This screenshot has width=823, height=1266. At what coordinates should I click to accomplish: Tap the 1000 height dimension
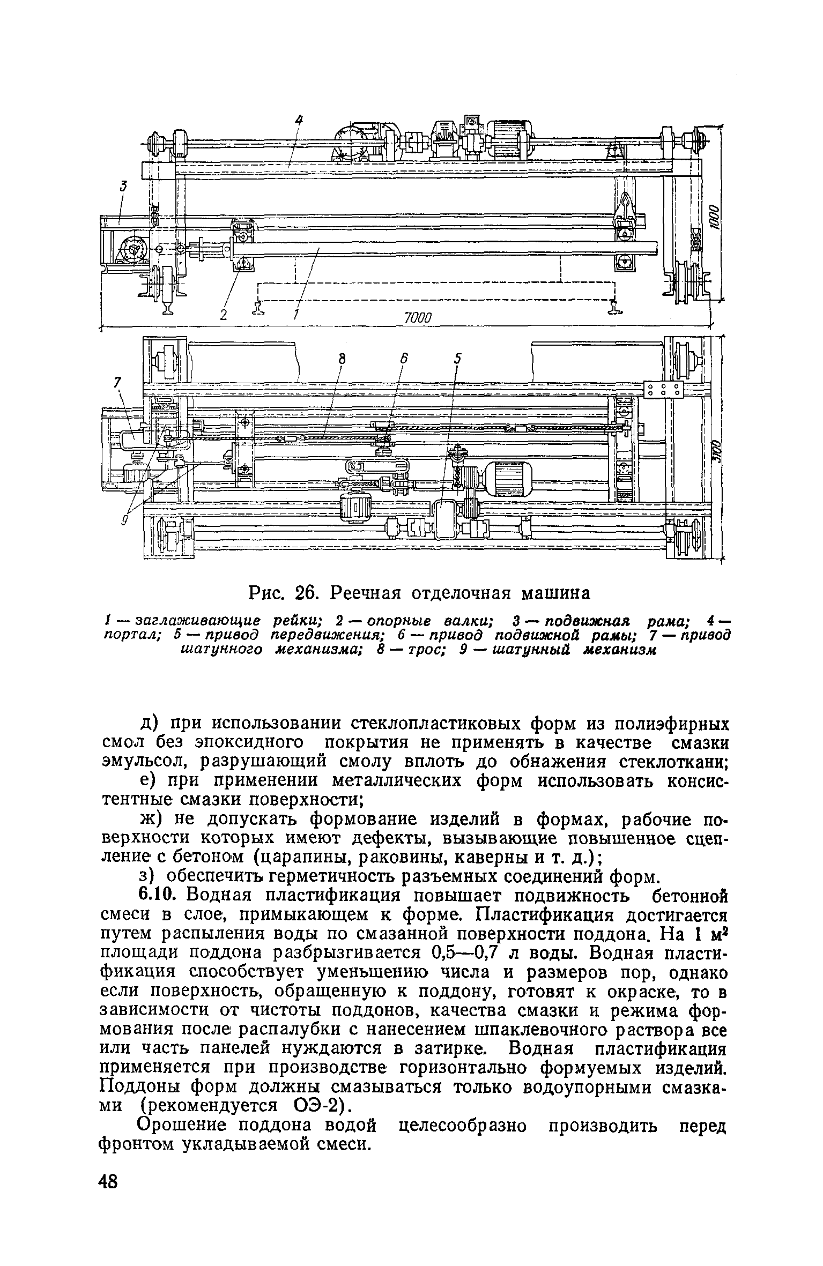tap(714, 217)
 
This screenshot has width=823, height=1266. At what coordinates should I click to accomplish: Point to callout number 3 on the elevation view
tap(124, 187)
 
